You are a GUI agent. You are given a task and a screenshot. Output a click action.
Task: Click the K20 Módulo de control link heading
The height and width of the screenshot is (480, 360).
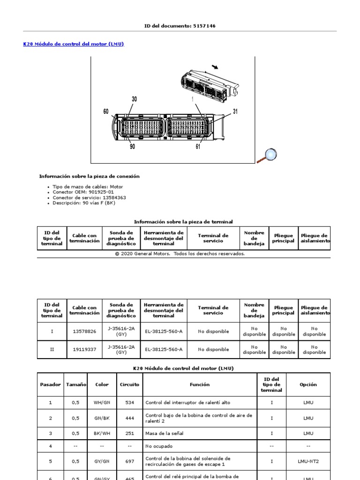pyautogui.click(x=74, y=44)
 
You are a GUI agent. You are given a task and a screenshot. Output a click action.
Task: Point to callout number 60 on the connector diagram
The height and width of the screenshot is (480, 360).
pyautogui.click(x=106, y=112)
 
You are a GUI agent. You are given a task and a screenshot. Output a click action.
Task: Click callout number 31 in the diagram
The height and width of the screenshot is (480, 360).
pyautogui.click(x=235, y=112)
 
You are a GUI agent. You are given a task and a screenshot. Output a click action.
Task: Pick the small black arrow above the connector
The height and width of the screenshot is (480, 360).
pyautogui.click(x=215, y=67)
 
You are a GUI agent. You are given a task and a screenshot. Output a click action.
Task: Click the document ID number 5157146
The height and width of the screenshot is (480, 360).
pyautogui.click(x=203, y=26)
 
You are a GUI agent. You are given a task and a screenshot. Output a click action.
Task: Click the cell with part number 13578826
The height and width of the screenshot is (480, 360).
pyautogui.click(x=84, y=331)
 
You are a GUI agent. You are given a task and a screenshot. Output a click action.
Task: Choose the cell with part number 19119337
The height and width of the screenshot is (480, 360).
pyautogui.click(x=84, y=349)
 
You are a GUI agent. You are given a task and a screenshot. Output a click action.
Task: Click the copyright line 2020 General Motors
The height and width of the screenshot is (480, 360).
pyautogui.click(x=180, y=254)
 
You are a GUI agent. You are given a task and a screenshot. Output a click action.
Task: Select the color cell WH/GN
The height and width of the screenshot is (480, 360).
pyautogui.click(x=102, y=403)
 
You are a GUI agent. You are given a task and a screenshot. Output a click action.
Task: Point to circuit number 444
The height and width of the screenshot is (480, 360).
pyautogui.click(x=129, y=418)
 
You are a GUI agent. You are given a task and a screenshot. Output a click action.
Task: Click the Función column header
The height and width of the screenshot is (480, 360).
pyautogui.click(x=200, y=384)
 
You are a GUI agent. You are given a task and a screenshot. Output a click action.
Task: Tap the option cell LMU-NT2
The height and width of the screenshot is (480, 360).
pyautogui.click(x=308, y=461)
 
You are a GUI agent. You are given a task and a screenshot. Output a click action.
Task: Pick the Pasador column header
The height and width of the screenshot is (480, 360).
pyautogui.click(x=51, y=384)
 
